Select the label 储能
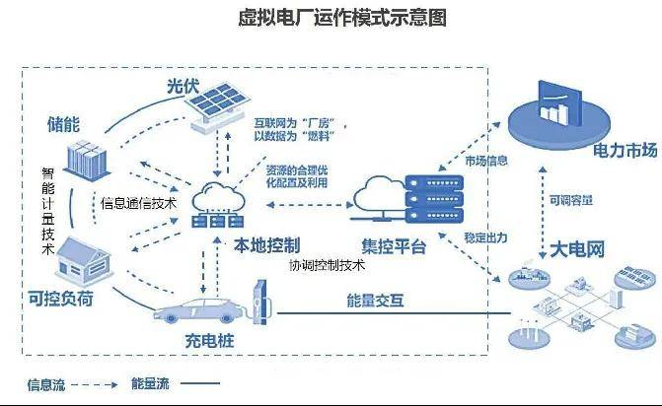(65, 125)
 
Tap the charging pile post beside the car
(259, 301)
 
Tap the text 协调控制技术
(327, 265)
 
